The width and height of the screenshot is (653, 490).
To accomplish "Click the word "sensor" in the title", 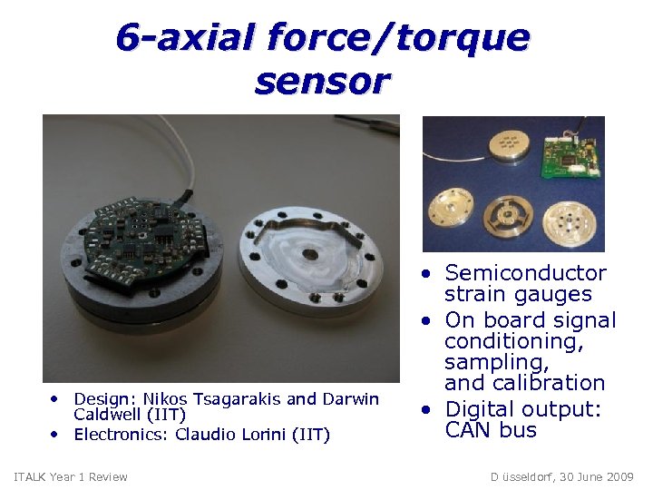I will [322, 81].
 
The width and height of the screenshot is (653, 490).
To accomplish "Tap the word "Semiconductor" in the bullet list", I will [526, 273].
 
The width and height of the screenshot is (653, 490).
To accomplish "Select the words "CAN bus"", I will [491, 430].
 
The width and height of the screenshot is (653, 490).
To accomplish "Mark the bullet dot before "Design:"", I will [55, 399].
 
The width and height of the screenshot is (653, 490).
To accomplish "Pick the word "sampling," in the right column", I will [497, 362].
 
